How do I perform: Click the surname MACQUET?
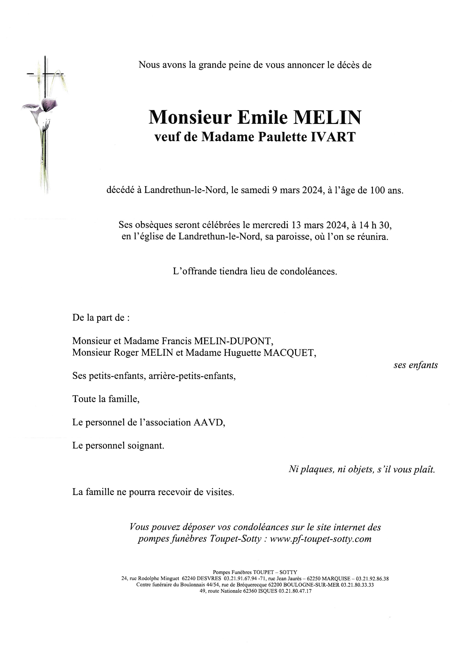tap(290, 353)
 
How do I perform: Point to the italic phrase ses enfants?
tap(415, 365)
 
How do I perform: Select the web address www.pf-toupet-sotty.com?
tap(321, 539)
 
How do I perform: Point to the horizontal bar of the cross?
tap(45, 74)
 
